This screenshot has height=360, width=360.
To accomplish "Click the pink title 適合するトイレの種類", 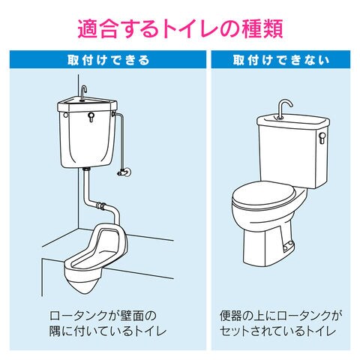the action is (x=180, y=29).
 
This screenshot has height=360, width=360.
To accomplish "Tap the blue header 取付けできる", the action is (x=108, y=60).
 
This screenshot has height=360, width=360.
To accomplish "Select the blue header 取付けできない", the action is (x=280, y=60).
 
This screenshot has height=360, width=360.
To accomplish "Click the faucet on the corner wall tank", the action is (x=83, y=93).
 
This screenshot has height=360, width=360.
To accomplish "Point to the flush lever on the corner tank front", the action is (x=91, y=116).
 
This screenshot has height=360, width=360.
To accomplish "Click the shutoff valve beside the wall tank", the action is (x=123, y=172).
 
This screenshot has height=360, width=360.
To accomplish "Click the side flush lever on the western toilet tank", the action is (x=322, y=137).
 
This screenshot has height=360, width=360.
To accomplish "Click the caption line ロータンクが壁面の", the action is (x=103, y=316).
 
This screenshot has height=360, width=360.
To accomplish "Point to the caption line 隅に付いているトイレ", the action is (x=108, y=331).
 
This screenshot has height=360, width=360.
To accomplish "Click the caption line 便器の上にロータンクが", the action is (x=280, y=316).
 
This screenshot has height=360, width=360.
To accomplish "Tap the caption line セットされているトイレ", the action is (x=277, y=331).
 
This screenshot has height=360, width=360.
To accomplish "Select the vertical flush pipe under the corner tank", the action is (x=86, y=185).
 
